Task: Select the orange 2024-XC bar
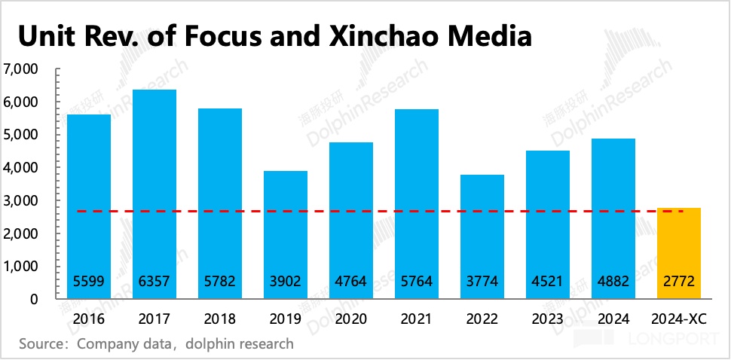click(x=679, y=249)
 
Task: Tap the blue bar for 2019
click(x=286, y=226)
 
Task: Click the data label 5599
click(x=89, y=282)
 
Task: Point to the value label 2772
click(x=679, y=282)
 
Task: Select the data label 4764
click(x=351, y=282)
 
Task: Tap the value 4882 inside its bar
click(x=613, y=282)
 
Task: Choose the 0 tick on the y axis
click(x=33, y=299)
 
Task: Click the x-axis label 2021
click(x=417, y=319)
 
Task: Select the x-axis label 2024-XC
click(x=679, y=319)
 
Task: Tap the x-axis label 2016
click(x=89, y=319)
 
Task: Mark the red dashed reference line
click(x=377, y=212)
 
